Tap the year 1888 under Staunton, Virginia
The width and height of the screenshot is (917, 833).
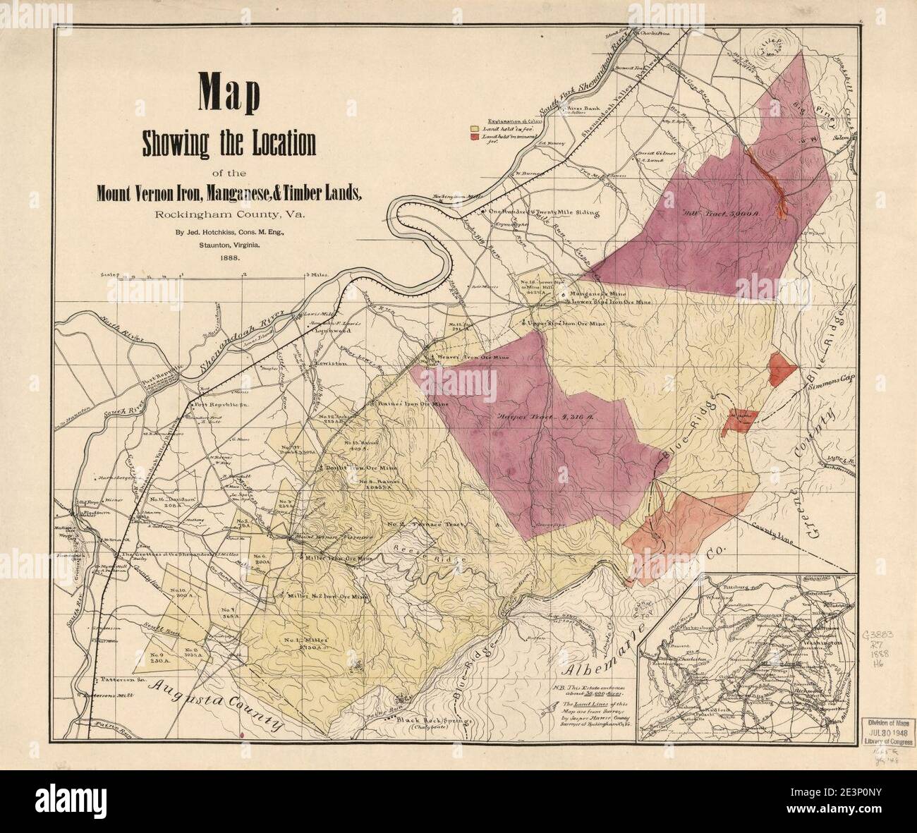[229, 258]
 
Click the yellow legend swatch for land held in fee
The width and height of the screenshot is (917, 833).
[475, 130]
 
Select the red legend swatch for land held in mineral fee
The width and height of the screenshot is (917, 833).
[475, 138]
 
